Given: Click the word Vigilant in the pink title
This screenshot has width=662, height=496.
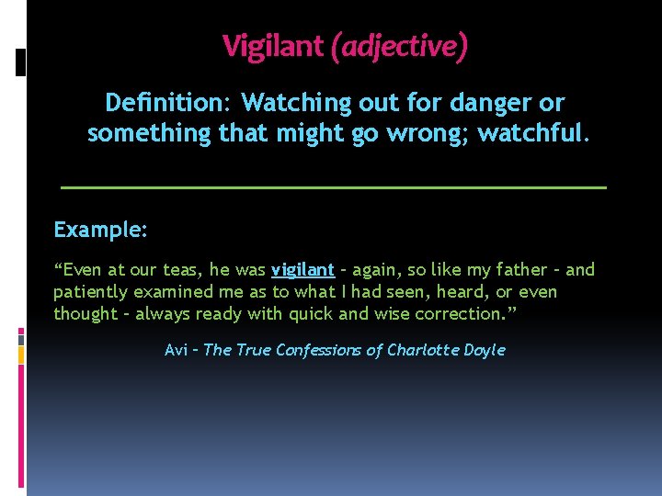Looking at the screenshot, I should (x=274, y=45).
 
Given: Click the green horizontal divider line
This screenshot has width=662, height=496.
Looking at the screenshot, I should (x=333, y=186).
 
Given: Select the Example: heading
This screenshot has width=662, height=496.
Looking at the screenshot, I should (x=100, y=230).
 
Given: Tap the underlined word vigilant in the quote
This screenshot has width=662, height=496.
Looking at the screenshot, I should (x=302, y=270).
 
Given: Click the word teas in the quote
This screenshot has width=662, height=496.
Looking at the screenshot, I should (x=180, y=270).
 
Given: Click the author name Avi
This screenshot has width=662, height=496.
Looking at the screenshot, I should (x=176, y=350).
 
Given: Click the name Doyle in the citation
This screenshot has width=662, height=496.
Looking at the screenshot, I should (x=484, y=350).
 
